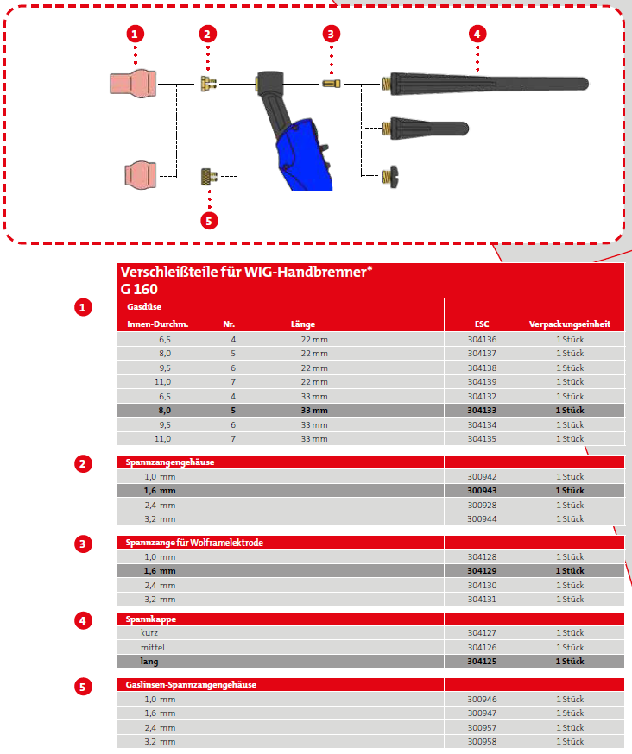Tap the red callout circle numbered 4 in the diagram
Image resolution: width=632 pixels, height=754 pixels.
[x=477, y=34]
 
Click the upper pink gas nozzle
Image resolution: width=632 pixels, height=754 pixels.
[x=134, y=84]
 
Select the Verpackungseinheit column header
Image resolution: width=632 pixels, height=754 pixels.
[x=570, y=324]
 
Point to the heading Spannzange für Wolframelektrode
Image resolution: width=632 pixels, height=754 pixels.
[x=194, y=543]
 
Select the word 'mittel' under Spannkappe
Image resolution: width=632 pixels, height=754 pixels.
[x=153, y=647]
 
